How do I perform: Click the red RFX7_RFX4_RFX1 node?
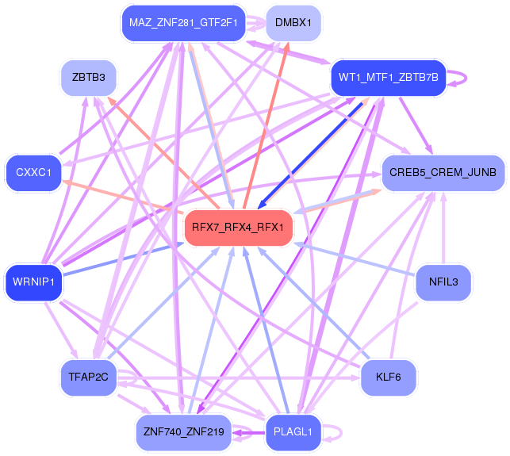click(x=239, y=228)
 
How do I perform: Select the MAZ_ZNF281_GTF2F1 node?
click(x=183, y=23)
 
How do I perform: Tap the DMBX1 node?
click(x=293, y=23)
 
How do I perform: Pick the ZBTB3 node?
click(x=89, y=78)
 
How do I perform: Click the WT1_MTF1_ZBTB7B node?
click(x=389, y=78)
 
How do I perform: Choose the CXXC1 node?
click(x=33, y=172)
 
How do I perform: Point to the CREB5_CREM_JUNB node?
click(x=443, y=172)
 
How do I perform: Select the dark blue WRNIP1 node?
click(x=33, y=282)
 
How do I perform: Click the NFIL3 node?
click(x=443, y=282)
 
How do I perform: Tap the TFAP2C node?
click(x=89, y=377)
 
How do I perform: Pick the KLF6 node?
click(x=389, y=377)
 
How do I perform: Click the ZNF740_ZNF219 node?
click(x=184, y=432)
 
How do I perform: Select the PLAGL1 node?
click(x=293, y=432)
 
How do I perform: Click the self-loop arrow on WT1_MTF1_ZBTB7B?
click(x=466, y=78)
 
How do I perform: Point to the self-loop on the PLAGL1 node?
click(x=341, y=432)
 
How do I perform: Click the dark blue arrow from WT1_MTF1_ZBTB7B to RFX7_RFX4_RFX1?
click(x=310, y=155)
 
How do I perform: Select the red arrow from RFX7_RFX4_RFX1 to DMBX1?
click(x=266, y=125)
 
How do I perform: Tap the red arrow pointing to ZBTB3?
click(x=163, y=153)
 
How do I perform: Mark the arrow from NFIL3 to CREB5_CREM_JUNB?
click(x=443, y=228)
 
